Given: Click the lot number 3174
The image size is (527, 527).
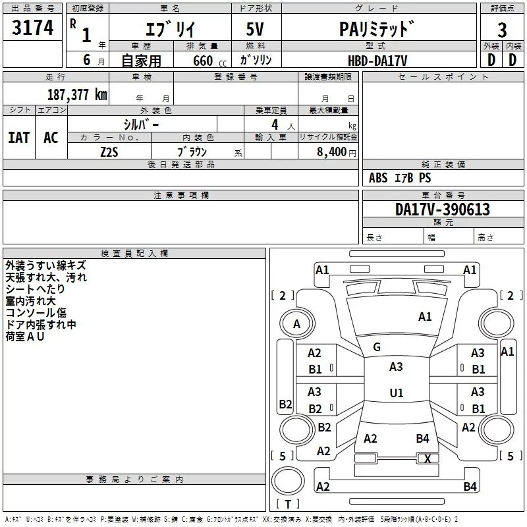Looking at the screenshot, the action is [32, 27].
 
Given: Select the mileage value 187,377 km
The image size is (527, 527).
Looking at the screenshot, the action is [77, 94].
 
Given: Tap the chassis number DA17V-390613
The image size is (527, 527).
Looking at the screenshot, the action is [442, 209].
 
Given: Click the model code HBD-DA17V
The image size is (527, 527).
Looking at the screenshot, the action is [377, 61].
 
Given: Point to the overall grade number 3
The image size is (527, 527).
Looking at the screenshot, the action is [502, 30].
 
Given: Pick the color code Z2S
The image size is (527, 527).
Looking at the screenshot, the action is [109, 152].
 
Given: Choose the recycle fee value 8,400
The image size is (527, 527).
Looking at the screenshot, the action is [331, 152].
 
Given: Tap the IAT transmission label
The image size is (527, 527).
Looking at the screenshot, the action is [19, 138].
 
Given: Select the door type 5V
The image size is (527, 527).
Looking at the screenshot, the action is [255, 29].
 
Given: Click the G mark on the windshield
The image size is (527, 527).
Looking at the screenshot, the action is [377, 347].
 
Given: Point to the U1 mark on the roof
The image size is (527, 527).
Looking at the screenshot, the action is [397, 393].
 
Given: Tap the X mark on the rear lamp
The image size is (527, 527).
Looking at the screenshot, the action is [428, 458].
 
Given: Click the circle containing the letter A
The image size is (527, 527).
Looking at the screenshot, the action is [297, 323].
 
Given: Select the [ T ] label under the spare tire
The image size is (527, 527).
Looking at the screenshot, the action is [288, 504].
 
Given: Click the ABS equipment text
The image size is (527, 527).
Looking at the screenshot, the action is [378, 178].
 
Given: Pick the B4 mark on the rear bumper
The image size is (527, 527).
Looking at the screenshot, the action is [470, 486].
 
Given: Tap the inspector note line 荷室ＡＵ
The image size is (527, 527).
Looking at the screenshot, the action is [25, 337].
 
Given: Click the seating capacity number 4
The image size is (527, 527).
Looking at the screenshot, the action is [275, 125].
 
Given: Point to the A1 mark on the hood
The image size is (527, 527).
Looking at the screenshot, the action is [425, 317].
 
